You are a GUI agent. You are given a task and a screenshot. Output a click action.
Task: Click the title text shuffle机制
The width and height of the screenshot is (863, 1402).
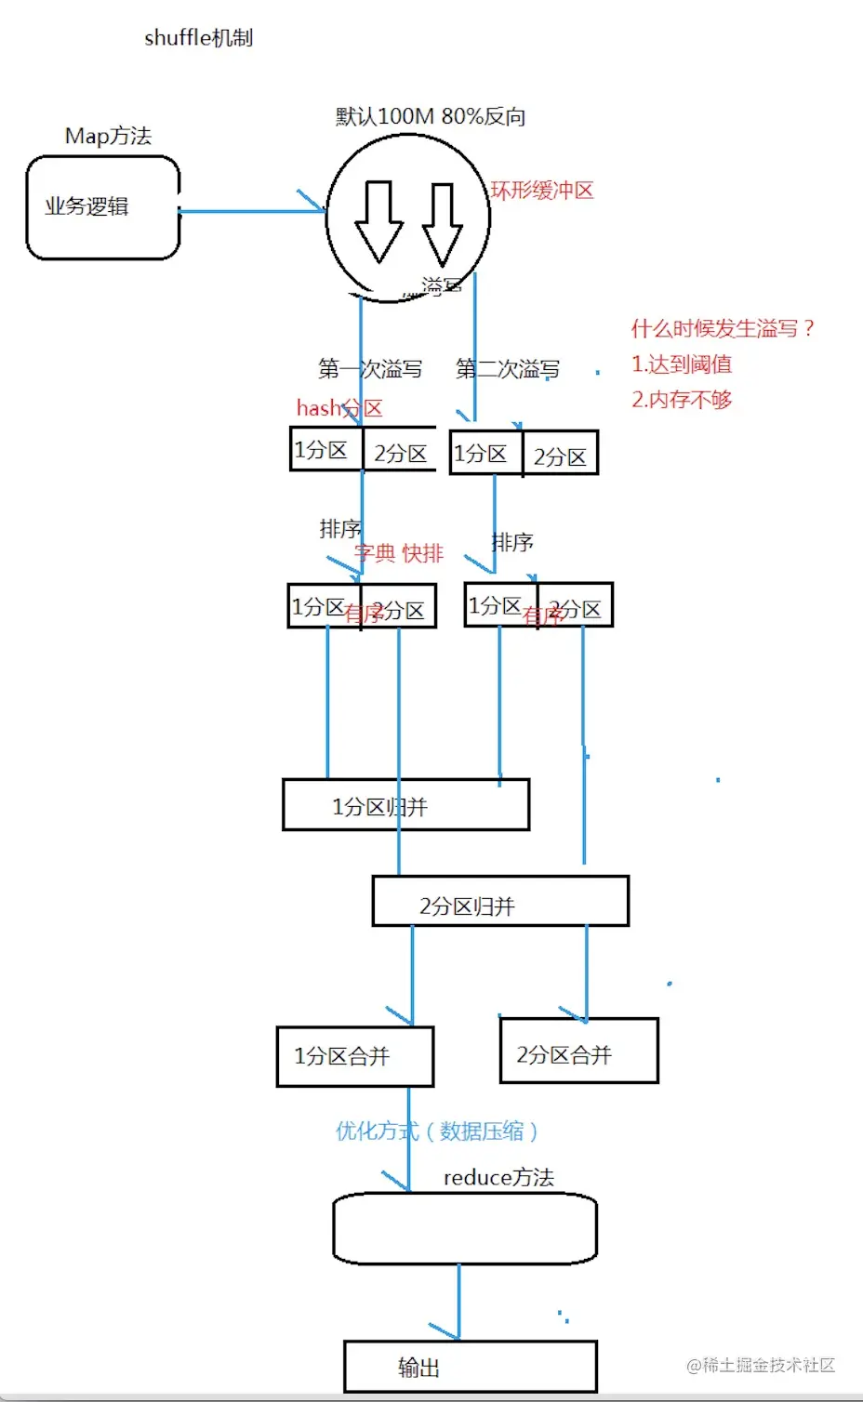click(x=198, y=38)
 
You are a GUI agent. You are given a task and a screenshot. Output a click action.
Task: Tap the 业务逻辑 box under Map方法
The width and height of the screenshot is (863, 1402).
click(x=102, y=207)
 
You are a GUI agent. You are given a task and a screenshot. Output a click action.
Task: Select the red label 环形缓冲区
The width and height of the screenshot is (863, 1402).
click(x=542, y=191)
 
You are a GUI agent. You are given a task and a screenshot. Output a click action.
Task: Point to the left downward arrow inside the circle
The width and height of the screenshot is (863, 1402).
click(x=378, y=222)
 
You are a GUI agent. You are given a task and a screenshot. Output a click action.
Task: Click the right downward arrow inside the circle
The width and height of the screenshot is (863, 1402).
click(x=442, y=224)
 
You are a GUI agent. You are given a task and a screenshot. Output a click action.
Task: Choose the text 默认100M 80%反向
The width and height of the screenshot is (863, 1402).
click(x=431, y=116)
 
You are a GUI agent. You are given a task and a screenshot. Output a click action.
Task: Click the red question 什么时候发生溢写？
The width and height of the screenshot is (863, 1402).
click(x=723, y=328)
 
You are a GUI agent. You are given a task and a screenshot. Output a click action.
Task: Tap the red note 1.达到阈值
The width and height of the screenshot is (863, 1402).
click(x=682, y=364)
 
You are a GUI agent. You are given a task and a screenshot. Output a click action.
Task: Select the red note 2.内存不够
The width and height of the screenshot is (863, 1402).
click(x=682, y=400)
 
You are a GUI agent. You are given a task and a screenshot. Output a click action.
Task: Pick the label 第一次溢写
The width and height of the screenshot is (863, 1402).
click(x=370, y=369)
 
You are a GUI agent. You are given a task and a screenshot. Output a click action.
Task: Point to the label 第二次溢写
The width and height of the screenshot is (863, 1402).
click(x=508, y=369)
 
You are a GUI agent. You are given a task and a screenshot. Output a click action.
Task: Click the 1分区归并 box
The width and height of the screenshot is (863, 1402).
click(x=405, y=805)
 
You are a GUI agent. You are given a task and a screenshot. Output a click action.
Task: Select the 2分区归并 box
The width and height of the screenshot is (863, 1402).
click(x=500, y=902)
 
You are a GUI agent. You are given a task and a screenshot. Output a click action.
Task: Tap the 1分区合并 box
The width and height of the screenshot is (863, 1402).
click(x=355, y=1056)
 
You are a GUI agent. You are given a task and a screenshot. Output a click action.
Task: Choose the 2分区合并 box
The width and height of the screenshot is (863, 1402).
click(x=578, y=1051)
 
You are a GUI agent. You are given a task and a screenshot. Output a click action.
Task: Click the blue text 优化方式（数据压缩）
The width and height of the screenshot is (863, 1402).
click(x=437, y=1131)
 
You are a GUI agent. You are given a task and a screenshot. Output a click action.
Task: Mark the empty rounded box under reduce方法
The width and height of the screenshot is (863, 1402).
click(x=464, y=1229)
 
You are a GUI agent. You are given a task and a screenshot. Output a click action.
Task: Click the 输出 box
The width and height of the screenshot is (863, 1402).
click(x=470, y=1367)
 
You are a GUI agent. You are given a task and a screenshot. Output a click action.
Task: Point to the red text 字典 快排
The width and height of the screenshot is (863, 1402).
click(x=400, y=553)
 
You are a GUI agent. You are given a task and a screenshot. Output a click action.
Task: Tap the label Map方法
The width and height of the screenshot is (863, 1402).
click(x=108, y=136)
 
